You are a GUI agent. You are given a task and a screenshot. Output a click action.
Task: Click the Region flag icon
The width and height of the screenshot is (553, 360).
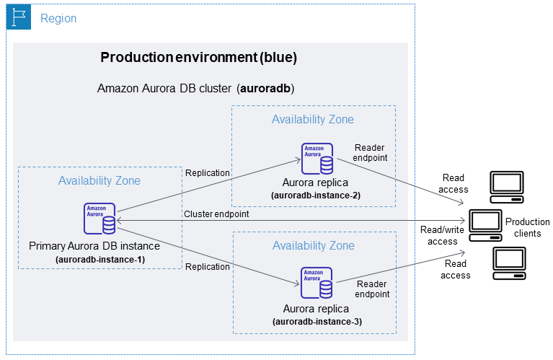19,18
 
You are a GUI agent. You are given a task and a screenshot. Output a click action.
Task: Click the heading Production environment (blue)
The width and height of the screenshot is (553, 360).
198,58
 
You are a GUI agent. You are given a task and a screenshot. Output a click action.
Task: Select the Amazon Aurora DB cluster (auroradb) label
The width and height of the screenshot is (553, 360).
195,88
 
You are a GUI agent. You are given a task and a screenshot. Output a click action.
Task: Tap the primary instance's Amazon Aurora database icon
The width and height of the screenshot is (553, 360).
99,219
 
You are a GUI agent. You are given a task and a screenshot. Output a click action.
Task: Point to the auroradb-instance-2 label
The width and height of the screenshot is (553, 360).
315,196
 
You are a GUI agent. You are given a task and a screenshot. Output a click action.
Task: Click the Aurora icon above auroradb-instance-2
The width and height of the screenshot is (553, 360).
317,159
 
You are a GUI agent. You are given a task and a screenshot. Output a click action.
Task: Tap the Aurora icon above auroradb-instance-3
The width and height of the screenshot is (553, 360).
317,283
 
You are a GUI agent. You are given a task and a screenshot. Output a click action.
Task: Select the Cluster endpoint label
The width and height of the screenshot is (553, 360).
216,214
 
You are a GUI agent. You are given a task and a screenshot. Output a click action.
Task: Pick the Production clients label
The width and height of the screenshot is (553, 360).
523,227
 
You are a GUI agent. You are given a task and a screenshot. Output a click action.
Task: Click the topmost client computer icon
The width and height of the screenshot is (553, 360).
508,186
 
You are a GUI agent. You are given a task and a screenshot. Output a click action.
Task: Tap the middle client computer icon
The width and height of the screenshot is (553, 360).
486,224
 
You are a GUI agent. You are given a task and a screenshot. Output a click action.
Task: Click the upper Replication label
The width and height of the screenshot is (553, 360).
208,172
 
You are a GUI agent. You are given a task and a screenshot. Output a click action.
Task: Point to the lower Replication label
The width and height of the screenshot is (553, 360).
208,266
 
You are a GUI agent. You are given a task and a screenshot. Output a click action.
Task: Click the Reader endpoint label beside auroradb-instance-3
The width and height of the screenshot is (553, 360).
373,289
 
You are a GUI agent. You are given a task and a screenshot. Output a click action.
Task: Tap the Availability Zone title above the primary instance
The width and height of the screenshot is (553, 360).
99,180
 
